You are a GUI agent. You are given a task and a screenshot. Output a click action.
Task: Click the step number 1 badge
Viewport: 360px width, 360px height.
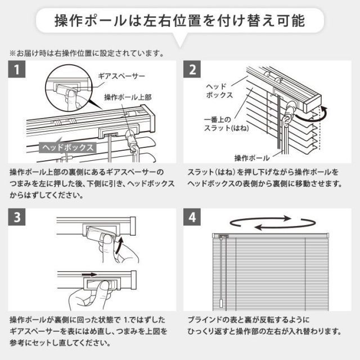click(x=18, y=71)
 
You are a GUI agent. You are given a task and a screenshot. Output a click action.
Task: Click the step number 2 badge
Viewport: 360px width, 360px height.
click(x=193, y=71)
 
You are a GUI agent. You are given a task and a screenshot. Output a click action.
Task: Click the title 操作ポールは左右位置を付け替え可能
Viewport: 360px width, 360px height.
click(x=180, y=22)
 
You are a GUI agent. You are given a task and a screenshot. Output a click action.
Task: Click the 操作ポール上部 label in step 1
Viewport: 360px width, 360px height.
click(x=128, y=97)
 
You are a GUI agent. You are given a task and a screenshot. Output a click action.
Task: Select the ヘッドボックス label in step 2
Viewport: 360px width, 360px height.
click(x=216, y=91)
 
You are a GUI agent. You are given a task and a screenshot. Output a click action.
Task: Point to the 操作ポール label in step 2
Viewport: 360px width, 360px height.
click(x=250, y=157)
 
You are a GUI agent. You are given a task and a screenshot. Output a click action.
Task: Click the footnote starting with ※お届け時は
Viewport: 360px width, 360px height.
click(x=85, y=55)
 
